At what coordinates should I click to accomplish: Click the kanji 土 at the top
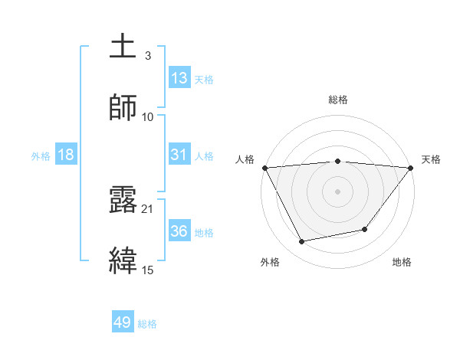click(123, 47)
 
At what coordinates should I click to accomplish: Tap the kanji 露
click(123, 200)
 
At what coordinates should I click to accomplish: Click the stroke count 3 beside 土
click(147, 56)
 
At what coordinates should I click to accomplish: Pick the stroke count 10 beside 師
click(148, 117)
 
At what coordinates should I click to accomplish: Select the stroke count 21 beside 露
click(148, 209)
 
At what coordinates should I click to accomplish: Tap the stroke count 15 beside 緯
click(148, 270)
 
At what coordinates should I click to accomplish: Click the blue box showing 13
click(179, 78)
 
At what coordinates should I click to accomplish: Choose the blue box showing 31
click(179, 155)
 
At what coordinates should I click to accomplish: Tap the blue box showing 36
click(179, 231)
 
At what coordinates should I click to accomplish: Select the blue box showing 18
click(66, 155)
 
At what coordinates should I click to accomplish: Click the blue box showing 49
click(123, 323)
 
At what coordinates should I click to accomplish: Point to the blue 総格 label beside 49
click(147, 325)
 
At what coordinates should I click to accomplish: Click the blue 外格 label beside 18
click(41, 156)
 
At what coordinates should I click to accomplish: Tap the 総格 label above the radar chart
click(338, 100)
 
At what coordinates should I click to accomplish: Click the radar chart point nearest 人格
click(264, 168)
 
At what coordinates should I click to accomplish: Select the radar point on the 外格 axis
click(301, 242)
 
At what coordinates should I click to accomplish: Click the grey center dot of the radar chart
click(338, 191)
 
